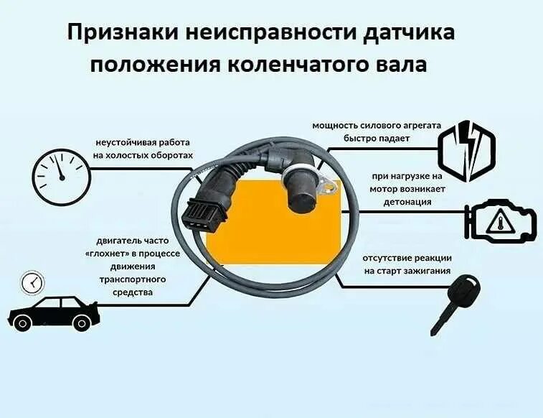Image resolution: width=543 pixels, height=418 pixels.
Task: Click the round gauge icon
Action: click(61, 176)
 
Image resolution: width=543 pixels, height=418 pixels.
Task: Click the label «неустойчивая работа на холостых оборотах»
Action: click(143, 149)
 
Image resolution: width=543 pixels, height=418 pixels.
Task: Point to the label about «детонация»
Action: click(407, 189)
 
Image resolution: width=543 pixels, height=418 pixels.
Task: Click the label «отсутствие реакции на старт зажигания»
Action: click(407, 264)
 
